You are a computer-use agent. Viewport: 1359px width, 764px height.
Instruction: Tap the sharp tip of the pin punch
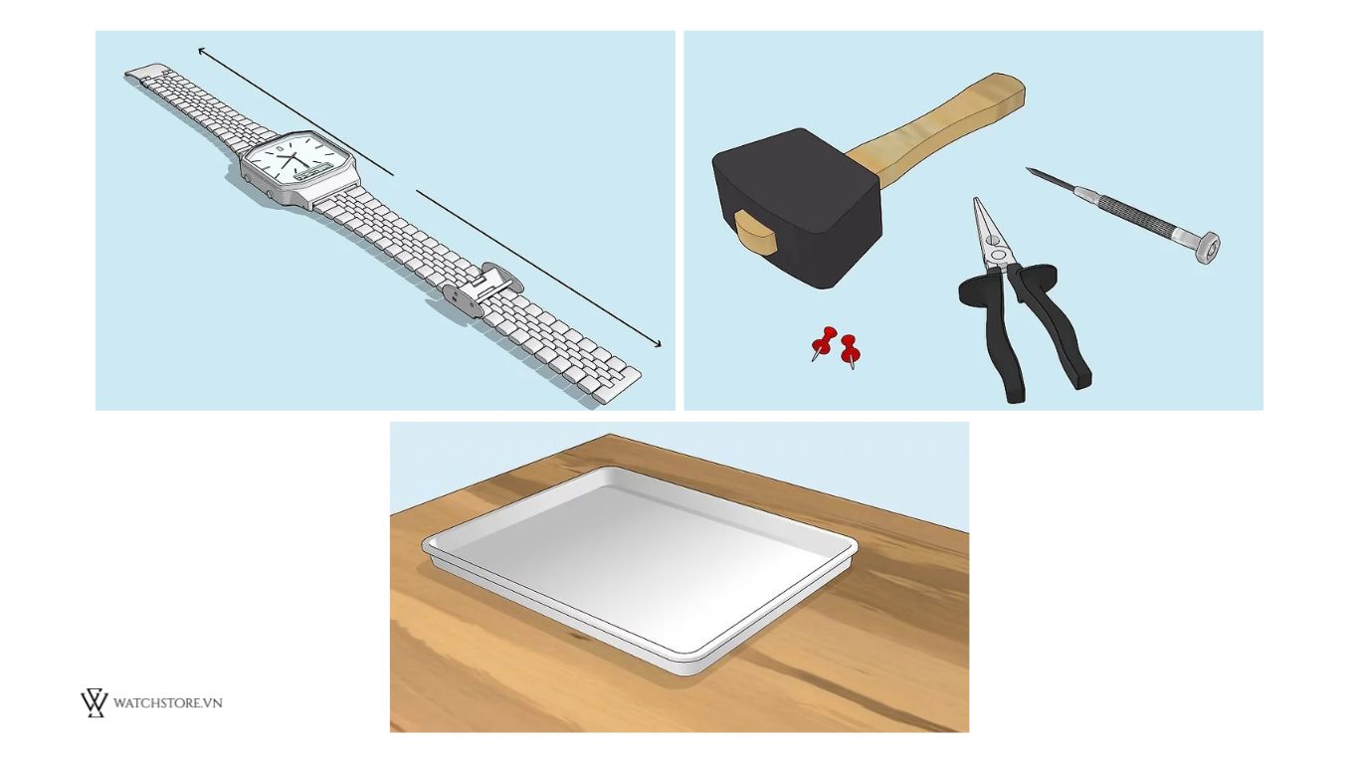coord(1029,170)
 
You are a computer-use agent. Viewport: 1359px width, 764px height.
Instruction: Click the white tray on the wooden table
coord(640,569)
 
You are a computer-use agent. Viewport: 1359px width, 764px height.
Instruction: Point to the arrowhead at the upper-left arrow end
coord(202,52)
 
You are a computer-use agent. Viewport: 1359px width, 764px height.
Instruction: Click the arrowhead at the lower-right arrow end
coord(657,343)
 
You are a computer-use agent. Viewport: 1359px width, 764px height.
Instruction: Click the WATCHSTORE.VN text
coord(167,703)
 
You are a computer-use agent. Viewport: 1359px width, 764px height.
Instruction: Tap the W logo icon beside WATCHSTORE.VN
coord(95,703)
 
